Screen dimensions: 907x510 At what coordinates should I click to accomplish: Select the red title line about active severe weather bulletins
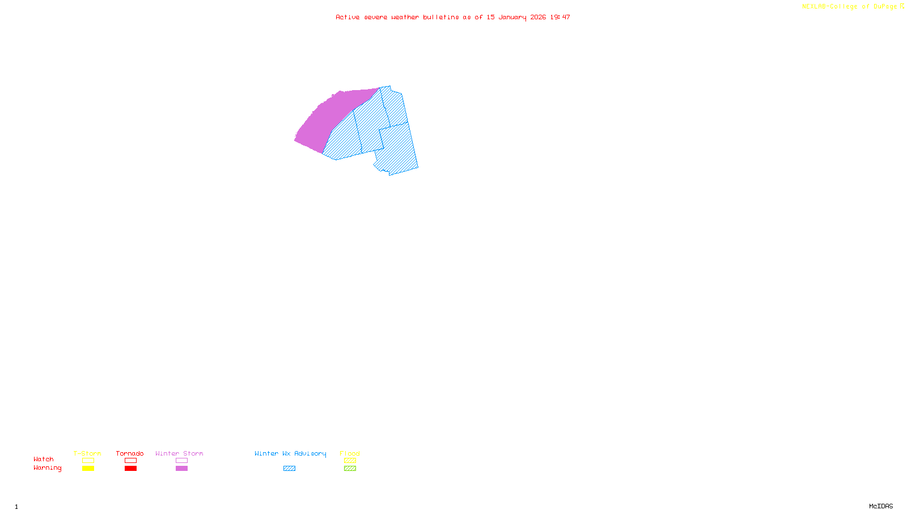point(452,18)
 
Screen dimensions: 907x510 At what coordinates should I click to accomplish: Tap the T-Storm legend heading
point(87,453)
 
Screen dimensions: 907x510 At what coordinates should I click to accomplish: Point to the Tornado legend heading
point(130,453)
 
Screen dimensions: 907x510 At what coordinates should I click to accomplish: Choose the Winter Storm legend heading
point(179,453)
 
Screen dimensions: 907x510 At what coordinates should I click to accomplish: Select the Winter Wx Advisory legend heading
point(290,453)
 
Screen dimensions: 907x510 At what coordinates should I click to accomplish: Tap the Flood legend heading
point(350,453)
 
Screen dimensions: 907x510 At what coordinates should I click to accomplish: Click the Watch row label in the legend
point(44,459)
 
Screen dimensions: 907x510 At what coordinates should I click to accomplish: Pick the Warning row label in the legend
point(48,468)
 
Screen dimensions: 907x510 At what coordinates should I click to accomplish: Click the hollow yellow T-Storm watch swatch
point(88,461)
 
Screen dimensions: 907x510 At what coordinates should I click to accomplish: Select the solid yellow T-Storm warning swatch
point(88,469)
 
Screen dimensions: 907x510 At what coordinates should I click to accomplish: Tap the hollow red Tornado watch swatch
point(130,461)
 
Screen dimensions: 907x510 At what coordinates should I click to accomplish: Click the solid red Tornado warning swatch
point(130,469)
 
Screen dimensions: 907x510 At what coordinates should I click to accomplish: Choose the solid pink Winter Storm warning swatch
point(181,469)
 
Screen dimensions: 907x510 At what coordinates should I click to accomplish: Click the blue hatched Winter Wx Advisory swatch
point(289,469)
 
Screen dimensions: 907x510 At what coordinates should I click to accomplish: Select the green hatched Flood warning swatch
point(350,469)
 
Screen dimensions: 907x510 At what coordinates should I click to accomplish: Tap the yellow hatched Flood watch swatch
point(350,461)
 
